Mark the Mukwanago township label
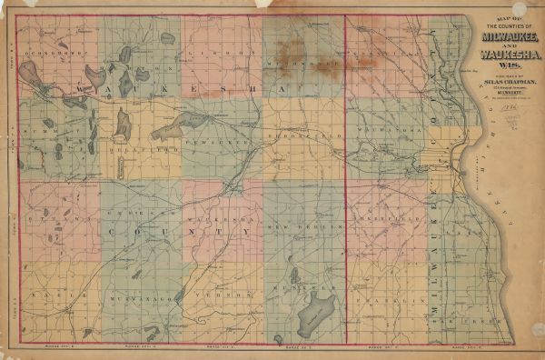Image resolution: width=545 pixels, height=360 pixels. [x=128, y=296]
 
